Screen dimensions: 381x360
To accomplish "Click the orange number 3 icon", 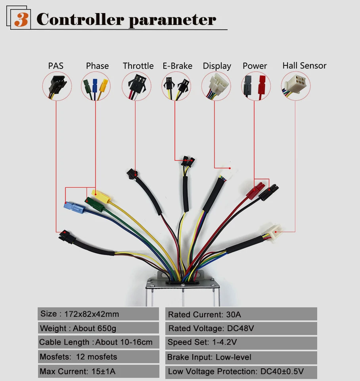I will [x=21, y=19].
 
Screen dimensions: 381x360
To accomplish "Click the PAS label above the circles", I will [x=56, y=66].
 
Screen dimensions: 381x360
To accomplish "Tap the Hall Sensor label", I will [x=304, y=66].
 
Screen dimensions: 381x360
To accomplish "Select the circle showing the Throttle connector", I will [x=136, y=86].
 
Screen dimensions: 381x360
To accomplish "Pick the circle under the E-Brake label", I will [x=176, y=86].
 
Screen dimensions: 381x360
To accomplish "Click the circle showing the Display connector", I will [x=216, y=86].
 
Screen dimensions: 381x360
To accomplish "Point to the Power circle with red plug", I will [x=256, y=86].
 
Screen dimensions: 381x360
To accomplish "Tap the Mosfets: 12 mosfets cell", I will [x=98, y=357].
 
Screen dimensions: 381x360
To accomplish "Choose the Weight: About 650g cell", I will [x=98, y=328].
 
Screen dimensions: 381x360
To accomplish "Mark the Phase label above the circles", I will [x=97, y=66].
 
